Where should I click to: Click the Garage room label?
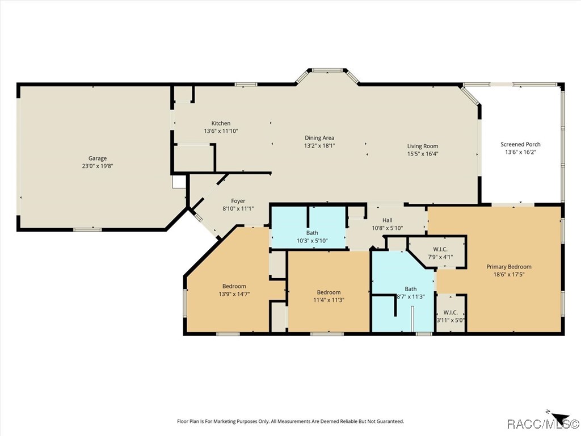[97, 158]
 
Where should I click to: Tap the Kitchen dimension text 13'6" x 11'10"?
[221, 131]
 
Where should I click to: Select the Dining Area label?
[319, 137]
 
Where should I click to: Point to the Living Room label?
[423, 146]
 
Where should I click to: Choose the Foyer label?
[238, 201]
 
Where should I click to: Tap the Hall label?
[387, 220]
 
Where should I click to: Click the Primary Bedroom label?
[509, 267]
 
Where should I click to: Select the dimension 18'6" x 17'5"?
[509, 274]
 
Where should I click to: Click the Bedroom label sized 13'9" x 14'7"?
[234, 286]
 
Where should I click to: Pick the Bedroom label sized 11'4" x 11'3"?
[329, 292]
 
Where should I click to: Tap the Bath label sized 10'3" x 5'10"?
[312, 233]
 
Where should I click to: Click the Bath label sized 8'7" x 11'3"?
[410, 289]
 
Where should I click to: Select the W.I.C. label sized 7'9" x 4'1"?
[440, 249]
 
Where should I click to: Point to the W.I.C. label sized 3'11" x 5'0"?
[451, 312]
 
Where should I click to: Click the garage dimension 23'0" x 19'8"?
[97, 166]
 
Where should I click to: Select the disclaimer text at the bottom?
[290, 421]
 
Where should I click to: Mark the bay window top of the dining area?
[327, 71]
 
